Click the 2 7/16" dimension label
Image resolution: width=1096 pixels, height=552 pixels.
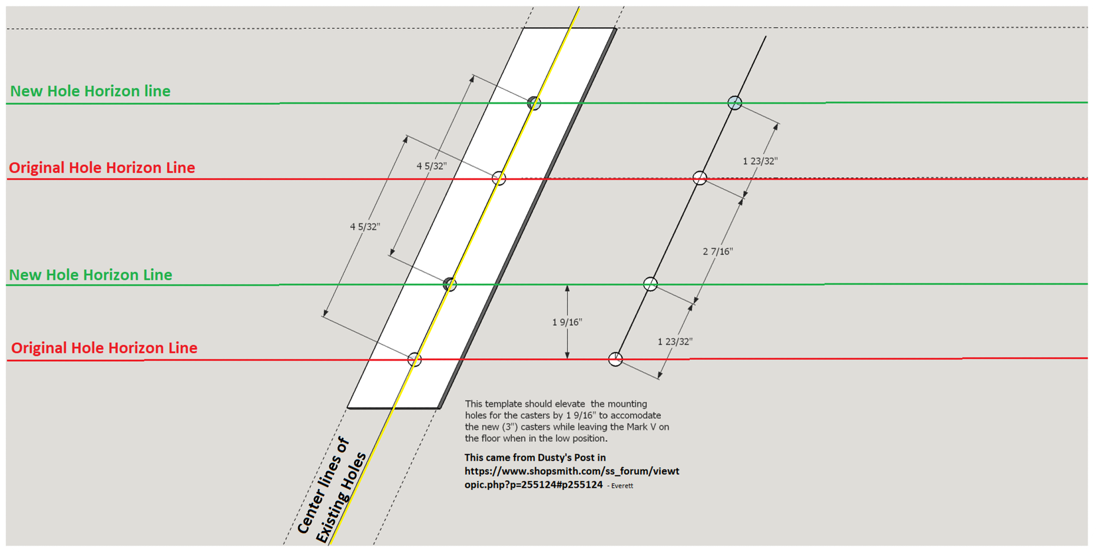[x=717, y=252]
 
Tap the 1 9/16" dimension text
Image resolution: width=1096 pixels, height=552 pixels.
[x=567, y=322]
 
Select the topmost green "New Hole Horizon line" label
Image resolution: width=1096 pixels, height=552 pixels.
[x=90, y=91]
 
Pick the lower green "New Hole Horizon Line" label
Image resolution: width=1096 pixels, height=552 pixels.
[x=91, y=275]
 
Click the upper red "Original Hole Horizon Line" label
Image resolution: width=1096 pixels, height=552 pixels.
[x=102, y=167]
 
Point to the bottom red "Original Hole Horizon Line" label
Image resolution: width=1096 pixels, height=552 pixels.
[x=104, y=348]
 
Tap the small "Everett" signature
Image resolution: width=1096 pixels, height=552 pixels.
[x=622, y=486]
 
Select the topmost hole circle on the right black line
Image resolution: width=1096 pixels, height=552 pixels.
[x=734, y=103]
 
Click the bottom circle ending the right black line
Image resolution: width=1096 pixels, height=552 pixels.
[x=615, y=359]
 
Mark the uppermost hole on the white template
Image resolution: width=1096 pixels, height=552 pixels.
[x=534, y=103]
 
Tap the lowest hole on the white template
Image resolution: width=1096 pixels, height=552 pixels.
[x=415, y=359]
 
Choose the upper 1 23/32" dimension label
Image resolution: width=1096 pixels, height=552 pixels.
[x=760, y=161]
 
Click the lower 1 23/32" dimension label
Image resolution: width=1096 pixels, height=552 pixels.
[x=675, y=342]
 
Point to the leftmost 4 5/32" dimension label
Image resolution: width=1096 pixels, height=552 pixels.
[x=365, y=227]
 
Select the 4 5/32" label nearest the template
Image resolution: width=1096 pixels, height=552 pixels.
[x=432, y=166]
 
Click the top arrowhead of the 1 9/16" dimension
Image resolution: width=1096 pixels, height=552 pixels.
[x=567, y=288]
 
